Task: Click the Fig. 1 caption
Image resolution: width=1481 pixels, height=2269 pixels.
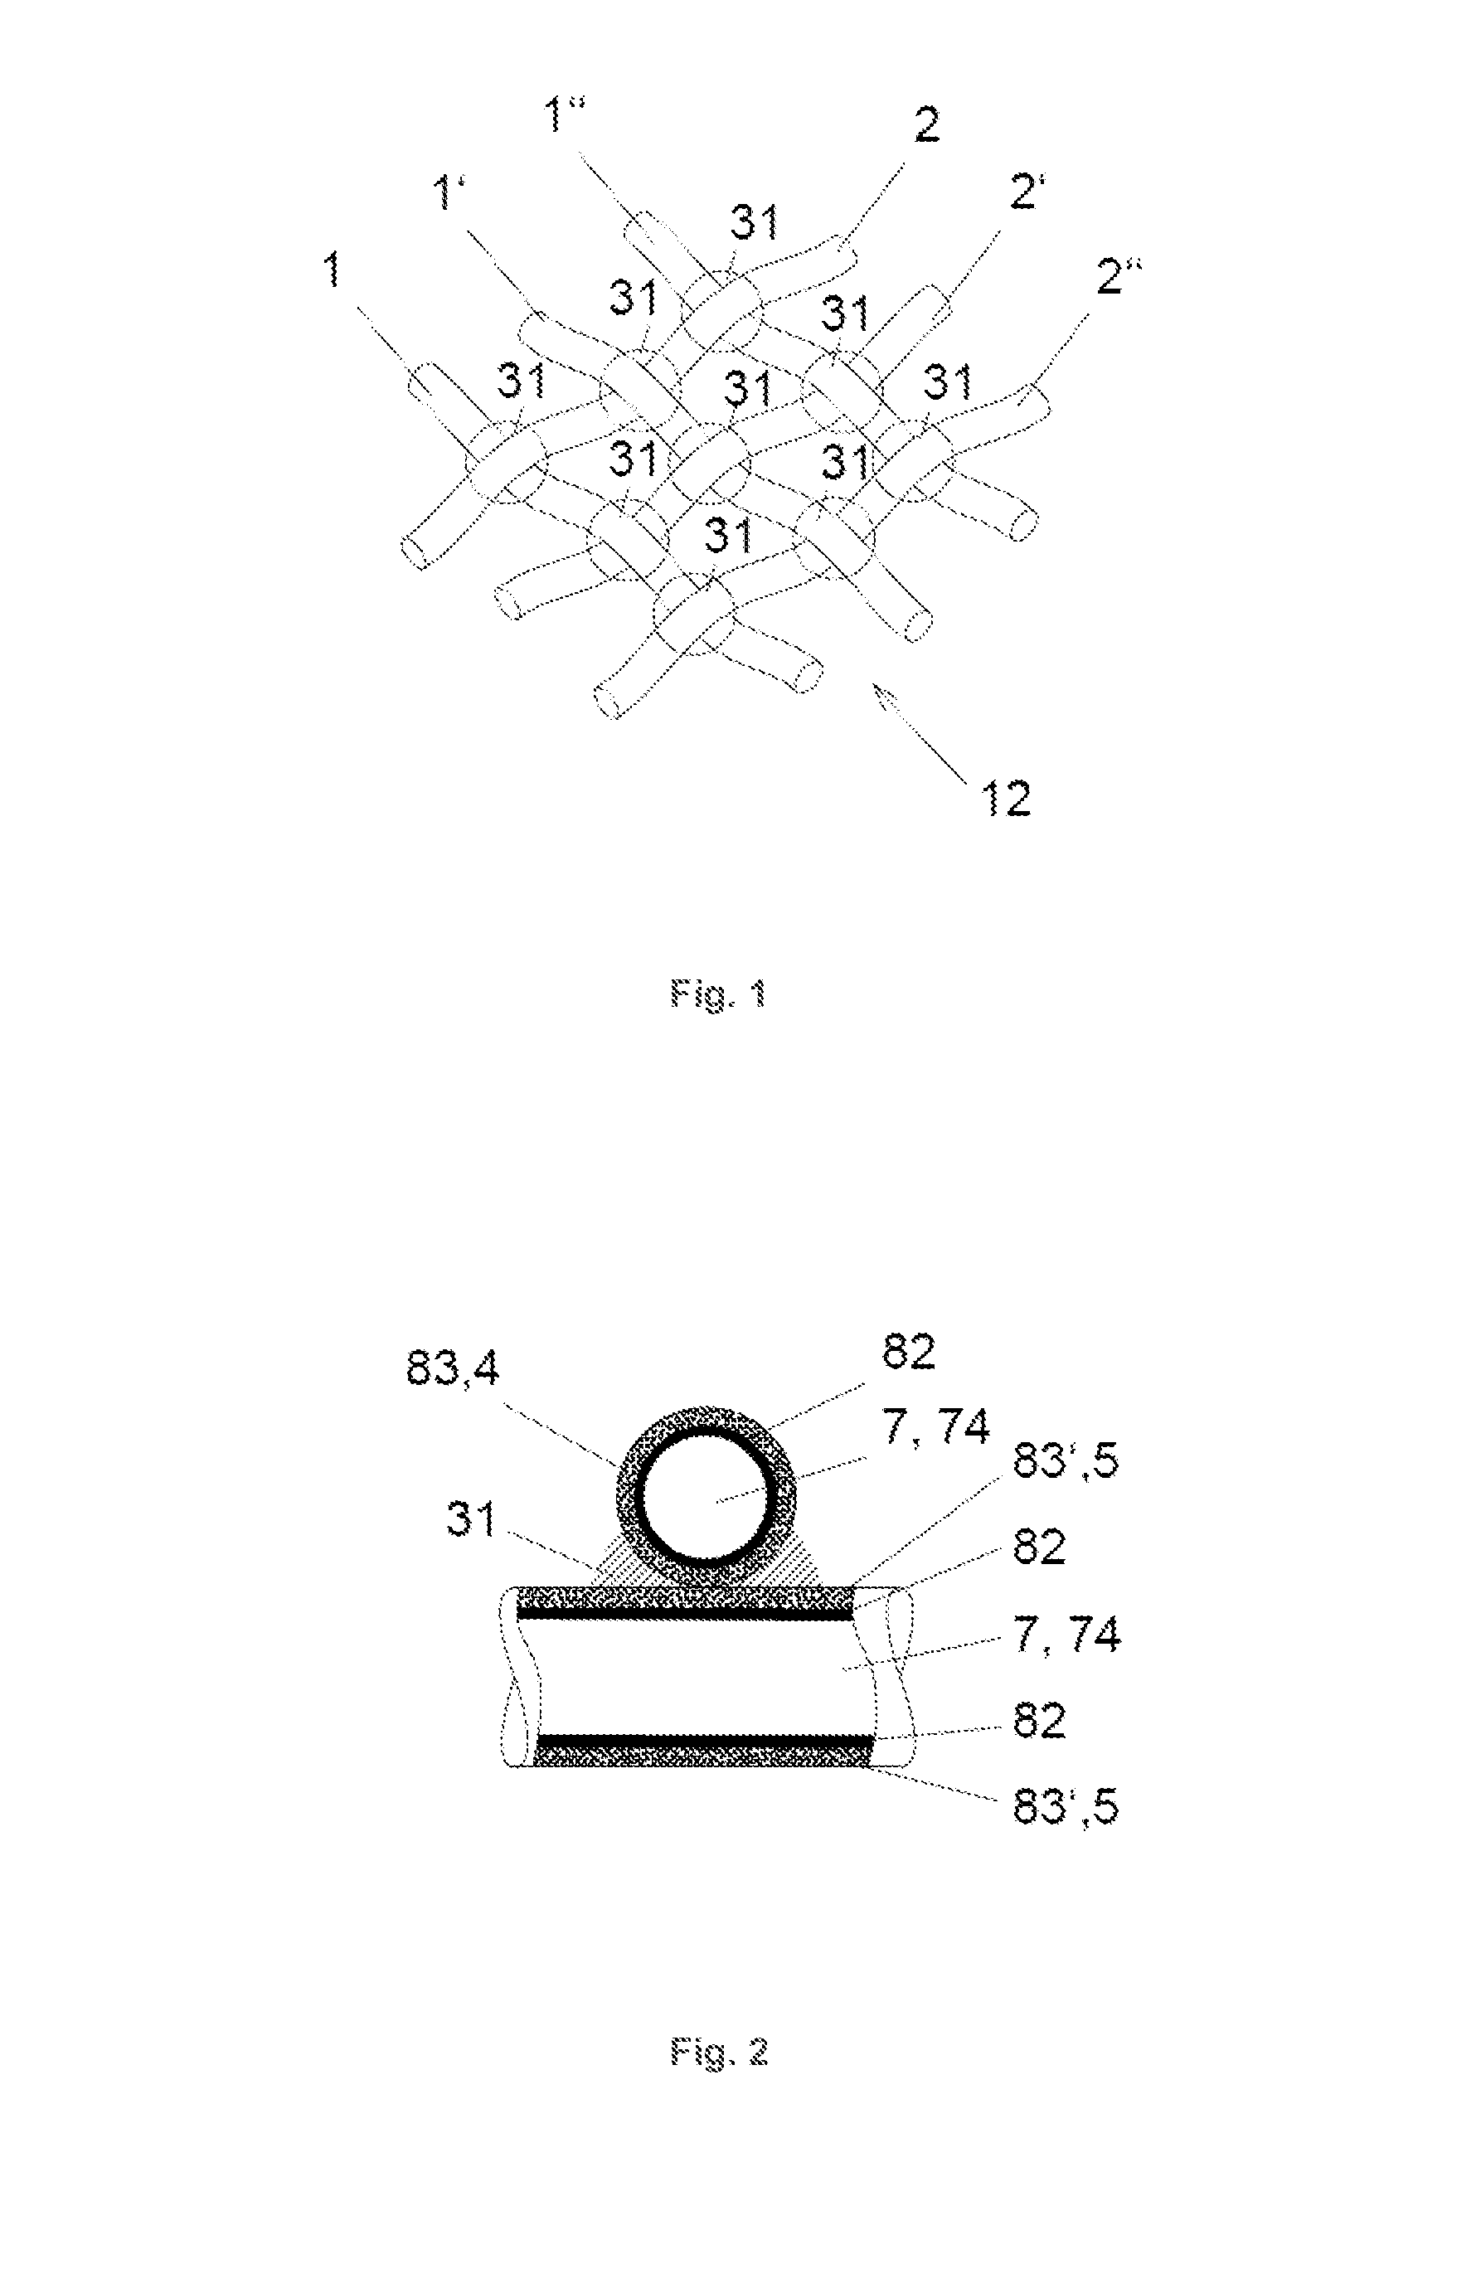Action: point(719,994)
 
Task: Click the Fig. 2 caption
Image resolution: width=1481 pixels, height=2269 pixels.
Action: point(719,2051)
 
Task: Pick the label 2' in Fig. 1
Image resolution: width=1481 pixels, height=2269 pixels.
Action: point(1027,192)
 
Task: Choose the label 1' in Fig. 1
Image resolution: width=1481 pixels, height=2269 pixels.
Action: point(453,193)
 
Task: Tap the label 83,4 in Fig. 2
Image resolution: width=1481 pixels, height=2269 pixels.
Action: point(453,1370)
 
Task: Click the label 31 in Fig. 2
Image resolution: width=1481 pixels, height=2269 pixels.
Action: point(472,1518)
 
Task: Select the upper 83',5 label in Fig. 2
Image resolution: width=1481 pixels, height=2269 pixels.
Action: point(1066,1460)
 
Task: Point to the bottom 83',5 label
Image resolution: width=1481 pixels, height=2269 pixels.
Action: point(1066,1805)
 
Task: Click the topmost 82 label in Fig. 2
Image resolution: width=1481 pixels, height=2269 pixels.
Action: point(908,1351)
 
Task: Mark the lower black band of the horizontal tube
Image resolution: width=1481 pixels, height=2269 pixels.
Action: point(705,1740)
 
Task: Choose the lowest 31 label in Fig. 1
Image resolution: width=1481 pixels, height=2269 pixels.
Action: point(728,535)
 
